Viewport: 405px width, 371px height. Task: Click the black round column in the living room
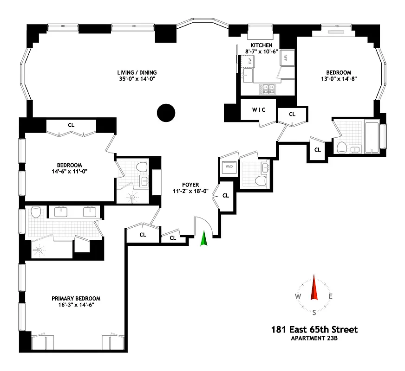165,112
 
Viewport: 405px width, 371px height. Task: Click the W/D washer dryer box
229,166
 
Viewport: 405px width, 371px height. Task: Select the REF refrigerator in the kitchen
285,58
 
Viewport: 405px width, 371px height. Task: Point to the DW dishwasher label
250,61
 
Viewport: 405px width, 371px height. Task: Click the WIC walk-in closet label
258,110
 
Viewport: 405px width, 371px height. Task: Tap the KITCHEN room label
261,45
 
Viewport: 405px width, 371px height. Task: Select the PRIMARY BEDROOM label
76,299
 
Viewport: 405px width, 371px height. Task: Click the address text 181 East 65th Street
314,330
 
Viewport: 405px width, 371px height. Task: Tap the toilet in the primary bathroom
36,213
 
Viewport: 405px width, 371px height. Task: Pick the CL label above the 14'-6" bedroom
71,125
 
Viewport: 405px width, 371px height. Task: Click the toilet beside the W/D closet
261,180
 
